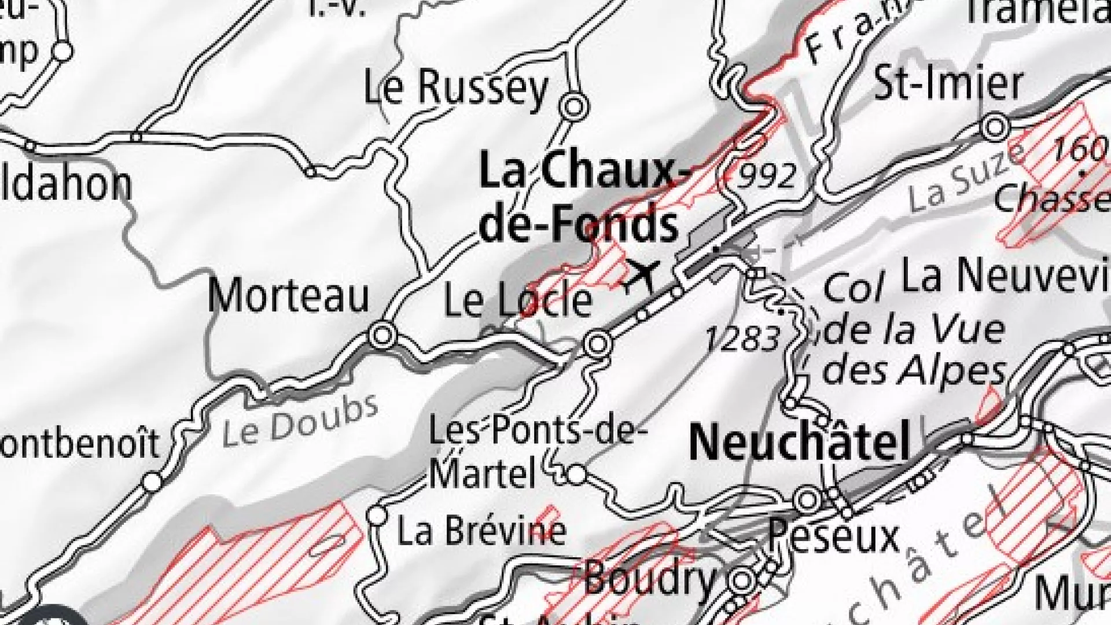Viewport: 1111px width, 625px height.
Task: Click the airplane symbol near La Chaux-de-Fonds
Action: (x=643, y=275)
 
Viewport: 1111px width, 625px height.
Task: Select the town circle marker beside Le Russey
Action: (x=574, y=106)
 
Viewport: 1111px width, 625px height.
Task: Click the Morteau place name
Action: (x=288, y=296)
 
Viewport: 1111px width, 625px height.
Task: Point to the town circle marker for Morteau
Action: (x=382, y=334)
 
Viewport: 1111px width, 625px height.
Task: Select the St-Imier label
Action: (x=948, y=84)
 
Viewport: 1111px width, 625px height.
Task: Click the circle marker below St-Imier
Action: (x=995, y=126)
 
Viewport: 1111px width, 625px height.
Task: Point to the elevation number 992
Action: (x=768, y=174)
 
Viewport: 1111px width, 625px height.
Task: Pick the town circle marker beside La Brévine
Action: (x=377, y=514)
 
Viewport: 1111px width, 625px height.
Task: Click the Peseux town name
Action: (x=834, y=536)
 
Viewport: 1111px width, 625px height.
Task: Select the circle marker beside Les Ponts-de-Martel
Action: (x=576, y=475)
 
